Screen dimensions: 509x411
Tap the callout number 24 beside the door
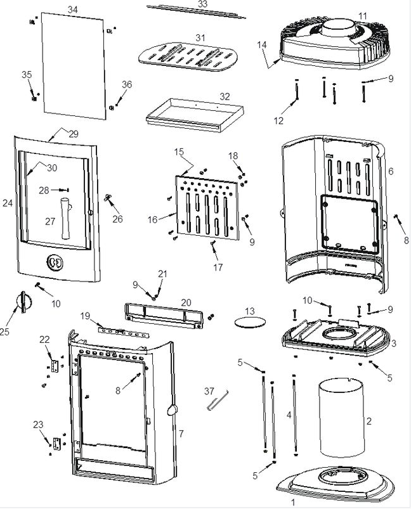7,203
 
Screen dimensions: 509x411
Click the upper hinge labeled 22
55,366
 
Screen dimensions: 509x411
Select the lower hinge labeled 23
56,442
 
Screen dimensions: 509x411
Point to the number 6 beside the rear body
391,171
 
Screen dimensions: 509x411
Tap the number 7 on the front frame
181,434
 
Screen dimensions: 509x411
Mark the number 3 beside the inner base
394,343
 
